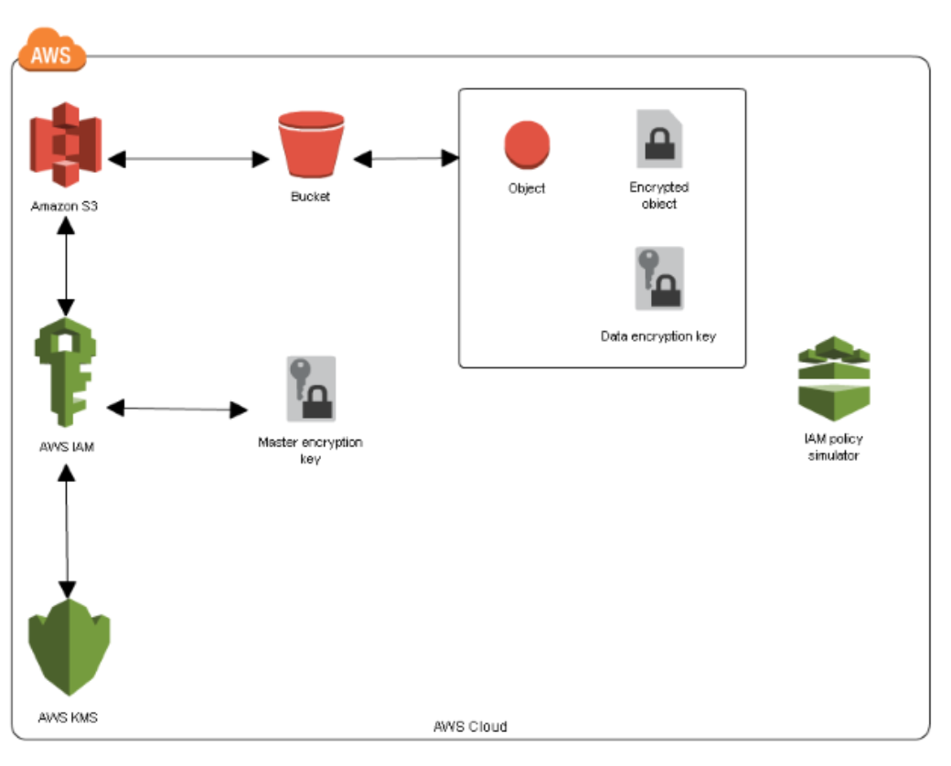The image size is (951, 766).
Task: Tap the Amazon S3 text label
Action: point(64,206)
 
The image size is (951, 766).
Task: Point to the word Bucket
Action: point(310,196)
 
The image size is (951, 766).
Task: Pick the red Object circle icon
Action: point(527,146)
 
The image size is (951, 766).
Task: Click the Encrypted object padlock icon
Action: point(660,139)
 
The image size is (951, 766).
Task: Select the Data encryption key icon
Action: point(659,279)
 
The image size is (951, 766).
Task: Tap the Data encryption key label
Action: point(657,336)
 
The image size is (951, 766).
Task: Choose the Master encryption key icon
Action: point(311,388)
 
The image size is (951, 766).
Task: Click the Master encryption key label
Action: point(310,450)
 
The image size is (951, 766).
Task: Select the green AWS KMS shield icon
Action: point(69,650)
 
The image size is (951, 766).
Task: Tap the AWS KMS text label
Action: point(69,718)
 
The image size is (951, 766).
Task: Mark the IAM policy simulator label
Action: point(833,447)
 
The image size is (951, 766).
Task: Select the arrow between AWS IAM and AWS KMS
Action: point(66,530)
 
